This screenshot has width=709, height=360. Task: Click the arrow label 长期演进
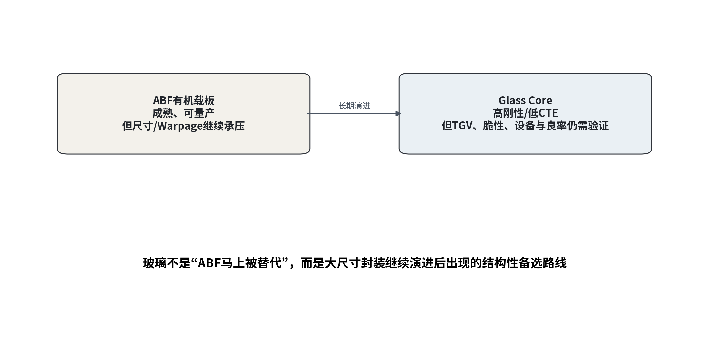[354, 106]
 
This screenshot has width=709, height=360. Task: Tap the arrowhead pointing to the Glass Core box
[398, 114]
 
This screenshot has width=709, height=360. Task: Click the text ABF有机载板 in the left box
[184, 101]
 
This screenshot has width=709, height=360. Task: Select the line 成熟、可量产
[184, 113]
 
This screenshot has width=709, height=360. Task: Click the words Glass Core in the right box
[525, 100]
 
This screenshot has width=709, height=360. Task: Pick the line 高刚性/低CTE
[525, 113]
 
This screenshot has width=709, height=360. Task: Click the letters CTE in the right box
[548, 113]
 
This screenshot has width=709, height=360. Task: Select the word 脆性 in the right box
[493, 126]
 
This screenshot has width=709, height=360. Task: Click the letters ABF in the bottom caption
[209, 263]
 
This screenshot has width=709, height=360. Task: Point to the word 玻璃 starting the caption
[155, 263]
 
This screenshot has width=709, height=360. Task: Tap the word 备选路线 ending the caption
[542, 263]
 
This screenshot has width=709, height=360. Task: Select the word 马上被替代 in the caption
[250, 263]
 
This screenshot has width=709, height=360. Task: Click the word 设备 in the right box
[525, 126]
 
